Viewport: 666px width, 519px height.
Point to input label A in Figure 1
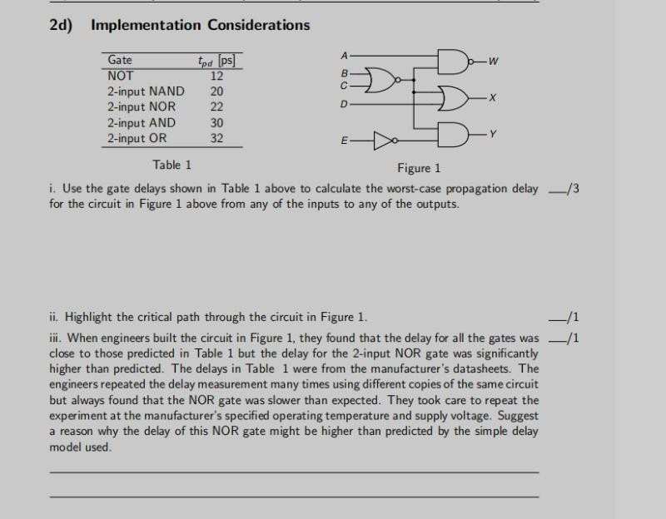[344, 55]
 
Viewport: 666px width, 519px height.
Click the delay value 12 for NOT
[216, 76]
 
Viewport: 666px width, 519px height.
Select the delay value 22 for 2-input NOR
[216, 107]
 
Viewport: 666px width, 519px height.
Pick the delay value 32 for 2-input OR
[216, 139]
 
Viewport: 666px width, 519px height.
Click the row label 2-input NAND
[146, 91]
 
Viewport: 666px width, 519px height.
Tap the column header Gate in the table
[120, 60]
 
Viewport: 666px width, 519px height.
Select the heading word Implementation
[145, 25]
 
